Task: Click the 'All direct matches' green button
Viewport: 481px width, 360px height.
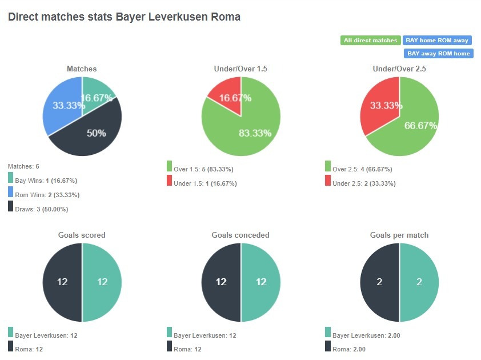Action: (370, 41)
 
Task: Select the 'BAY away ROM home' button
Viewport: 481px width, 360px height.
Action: (438, 54)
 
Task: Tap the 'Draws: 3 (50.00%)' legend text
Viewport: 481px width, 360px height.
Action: (42, 209)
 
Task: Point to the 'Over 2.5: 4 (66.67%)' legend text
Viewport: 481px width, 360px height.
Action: (362, 169)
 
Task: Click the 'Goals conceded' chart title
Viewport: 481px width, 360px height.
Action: (240, 235)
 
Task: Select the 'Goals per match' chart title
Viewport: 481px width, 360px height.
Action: (399, 235)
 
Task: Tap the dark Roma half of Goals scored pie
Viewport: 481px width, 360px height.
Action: (62, 282)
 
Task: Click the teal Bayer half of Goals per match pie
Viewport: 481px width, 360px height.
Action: (419, 282)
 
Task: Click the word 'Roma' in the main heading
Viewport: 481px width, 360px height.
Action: (227, 17)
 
